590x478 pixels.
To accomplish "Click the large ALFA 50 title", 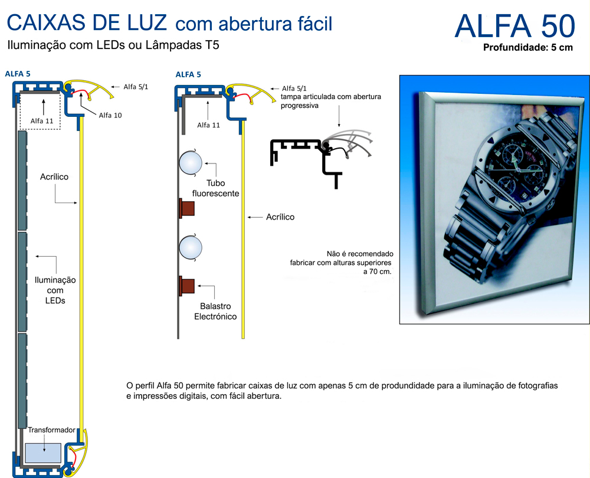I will click(514, 27).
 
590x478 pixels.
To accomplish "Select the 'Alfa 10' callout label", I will click(110, 115).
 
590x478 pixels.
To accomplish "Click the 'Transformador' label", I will click(51, 430).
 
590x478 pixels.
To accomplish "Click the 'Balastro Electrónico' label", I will click(215, 312).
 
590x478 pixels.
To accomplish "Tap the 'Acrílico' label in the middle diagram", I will click(280, 217).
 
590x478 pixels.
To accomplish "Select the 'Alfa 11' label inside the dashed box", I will click(42, 121).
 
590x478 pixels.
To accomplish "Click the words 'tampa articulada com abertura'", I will click(331, 97).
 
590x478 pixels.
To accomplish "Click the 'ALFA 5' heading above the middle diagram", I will click(188, 74).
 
